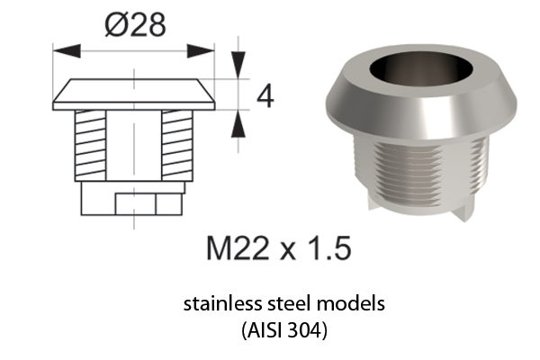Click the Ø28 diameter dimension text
pyautogui.click(x=135, y=25)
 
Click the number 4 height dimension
pyautogui.click(x=265, y=96)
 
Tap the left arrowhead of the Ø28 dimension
pyautogui.click(x=67, y=51)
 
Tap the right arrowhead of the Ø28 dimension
pyautogui.click(x=201, y=51)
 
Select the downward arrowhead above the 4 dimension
pyautogui.click(x=238, y=65)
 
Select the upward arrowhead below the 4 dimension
pyautogui.click(x=238, y=124)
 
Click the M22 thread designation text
pyautogui.click(x=238, y=247)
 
